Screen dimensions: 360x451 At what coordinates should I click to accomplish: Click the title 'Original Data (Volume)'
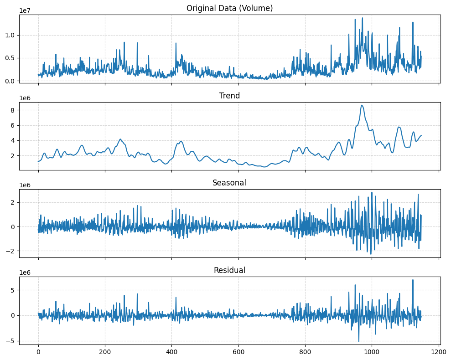229,8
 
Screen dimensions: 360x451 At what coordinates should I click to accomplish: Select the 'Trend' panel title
229,96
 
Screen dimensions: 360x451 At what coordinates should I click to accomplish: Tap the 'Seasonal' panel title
229,183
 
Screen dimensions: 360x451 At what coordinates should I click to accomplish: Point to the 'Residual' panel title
229,270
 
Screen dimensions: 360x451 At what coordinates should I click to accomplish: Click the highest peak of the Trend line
362,105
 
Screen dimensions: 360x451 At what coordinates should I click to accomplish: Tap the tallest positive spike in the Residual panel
413,280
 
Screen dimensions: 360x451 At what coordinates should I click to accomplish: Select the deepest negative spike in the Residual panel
358,341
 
